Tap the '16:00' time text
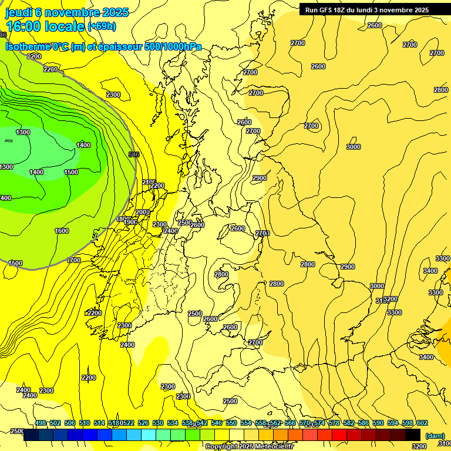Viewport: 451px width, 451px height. pyautogui.click(x=23, y=26)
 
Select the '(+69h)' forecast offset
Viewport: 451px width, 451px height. pyautogui.click(x=102, y=26)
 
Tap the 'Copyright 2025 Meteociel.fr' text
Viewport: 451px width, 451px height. pyautogui.click(x=249, y=447)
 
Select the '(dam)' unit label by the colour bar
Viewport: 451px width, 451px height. pyautogui.click(x=435, y=436)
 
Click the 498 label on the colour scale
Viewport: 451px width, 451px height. pyautogui.click(x=41, y=423)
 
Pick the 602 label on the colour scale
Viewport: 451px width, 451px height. pyautogui.click(x=422, y=423)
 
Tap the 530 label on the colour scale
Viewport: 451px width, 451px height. pyautogui.click(x=158, y=423)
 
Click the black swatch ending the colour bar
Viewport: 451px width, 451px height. pyautogui.click(x=413, y=435)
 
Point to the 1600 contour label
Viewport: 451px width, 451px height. pyautogui.click(x=62, y=231)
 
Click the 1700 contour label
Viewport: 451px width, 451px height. pyautogui.click(x=73, y=260)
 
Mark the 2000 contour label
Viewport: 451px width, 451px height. pyautogui.click(x=143, y=213)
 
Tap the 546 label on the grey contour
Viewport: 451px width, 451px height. pyautogui.click(x=134, y=154)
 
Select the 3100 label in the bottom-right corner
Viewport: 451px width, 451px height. pyautogui.click(x=445, y=443)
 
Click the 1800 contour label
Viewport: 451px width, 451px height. pyautogui.click(x=122, y=219)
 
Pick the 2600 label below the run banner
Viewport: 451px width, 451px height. pyautogui.click(x=375, y=25)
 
